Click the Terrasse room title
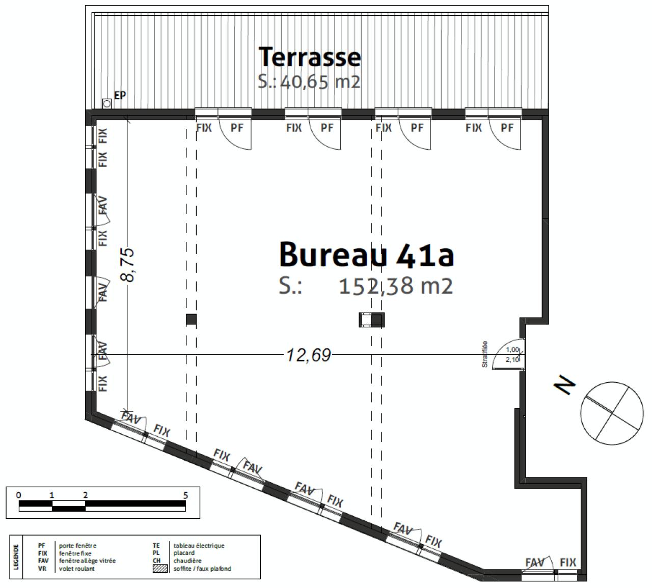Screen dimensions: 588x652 pyautogui.click(x=310, y=57)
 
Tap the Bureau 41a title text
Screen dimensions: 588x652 pyautogui.click(x=366, y=255)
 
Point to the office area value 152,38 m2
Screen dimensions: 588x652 pyautogui.click(x=396, y=286)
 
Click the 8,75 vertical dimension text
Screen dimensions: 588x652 pyautogui.click(x=127, y=264)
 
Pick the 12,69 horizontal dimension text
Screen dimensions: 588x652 pyautogui.click(x=309, y=355)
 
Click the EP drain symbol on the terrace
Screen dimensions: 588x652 pyautogui.click(x=107, y=103)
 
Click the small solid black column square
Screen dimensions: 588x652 pyautogui.click(x=191, y=320)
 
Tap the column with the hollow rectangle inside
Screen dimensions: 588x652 pyautogui.click(x=371, y=320)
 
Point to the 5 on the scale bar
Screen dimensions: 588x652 pyautogui.click(x=185, y=495)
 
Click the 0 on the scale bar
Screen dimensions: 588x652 pyautogui.click(x=19, y=495)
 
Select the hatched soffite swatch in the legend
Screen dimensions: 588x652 pyautogui.click(x=160, y=569)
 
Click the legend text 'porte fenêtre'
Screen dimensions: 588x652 pyautogui.click(x=77, y=546)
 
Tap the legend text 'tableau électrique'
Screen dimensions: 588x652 pyautogui.click(x=199, y=546)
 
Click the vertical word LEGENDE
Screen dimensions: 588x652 pyautogui.click(x=16, y=557)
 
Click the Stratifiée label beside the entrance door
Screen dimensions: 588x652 pyautogui.click(x=485, y=354)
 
